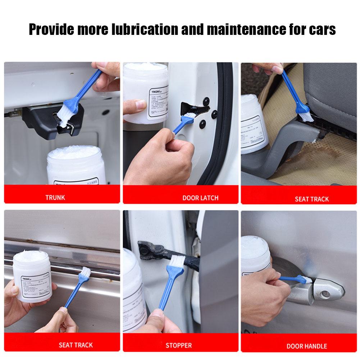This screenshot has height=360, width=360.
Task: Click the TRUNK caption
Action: tap(55, 197)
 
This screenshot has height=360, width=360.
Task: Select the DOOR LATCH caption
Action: tap(200, 198)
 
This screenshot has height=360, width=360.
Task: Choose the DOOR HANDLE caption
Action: tap(306, 346)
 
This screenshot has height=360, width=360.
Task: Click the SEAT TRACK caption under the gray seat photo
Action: tap(311, 199)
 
